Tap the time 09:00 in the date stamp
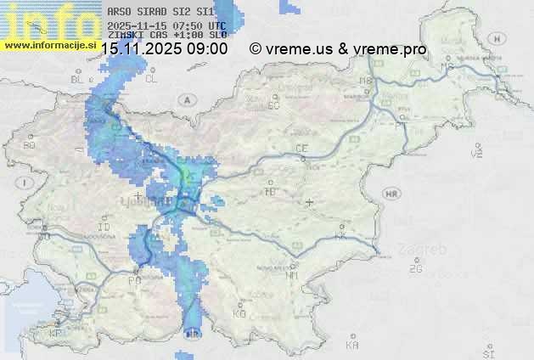click(x=207, y=49)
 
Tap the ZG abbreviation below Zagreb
click(x=415, y=269)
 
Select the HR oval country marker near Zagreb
click(x=391, y=194)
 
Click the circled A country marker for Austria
click(x=186, y=99)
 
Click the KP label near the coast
click(x=56, y=334)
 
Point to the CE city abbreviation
click(x=301, y=149)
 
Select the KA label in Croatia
click(x=352, y=345)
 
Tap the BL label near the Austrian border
click(x=77, y=80)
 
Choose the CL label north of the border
click(x=151, y=79)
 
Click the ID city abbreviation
click(x=104, y=228)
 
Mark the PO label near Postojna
click(x=134, y=280)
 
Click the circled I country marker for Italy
click(x=26, y=183)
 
